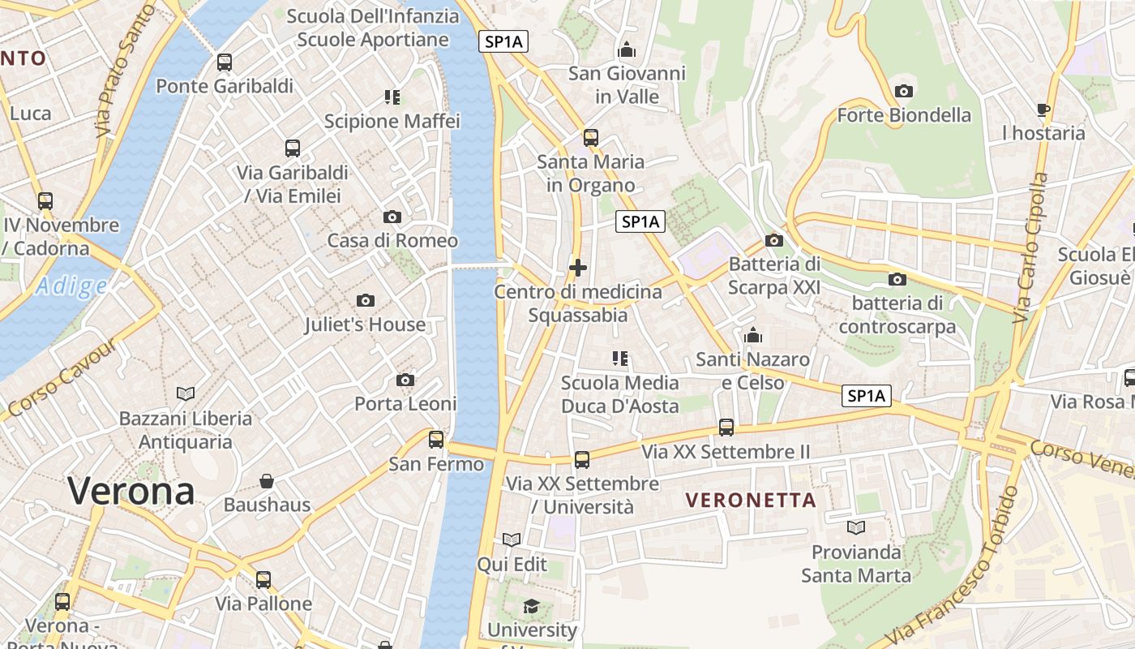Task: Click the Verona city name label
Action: tap(131, 491)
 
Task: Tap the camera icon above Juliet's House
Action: tap(366, 301)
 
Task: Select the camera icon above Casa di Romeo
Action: tap(392, 217)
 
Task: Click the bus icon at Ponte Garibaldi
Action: tap(225, 62)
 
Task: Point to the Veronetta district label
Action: tap(752, 500)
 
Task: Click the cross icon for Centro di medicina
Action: tap(578, 267)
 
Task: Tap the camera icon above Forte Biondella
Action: tap(904, 91)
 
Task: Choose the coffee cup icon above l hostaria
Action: tap(1043, 110)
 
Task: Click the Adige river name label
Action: tap(71, 286)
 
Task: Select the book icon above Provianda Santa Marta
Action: tap(856, 528)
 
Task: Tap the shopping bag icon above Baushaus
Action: tap(267, 481)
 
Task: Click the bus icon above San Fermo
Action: tap(436, 440)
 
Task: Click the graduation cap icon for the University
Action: tap(532, 606)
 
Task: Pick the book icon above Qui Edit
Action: tap(512, 540)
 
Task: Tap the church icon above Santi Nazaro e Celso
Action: tap(753, 335)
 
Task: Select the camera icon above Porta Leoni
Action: tap(405, 380)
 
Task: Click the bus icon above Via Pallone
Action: tap(263, 580)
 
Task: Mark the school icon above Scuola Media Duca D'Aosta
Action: tap(620, 358)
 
